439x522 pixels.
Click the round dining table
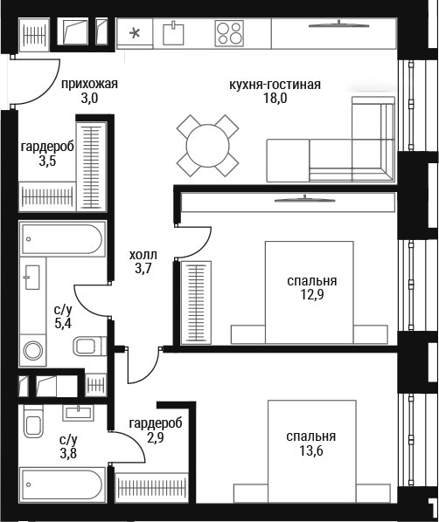[207, 146]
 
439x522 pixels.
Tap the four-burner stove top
[229, 33]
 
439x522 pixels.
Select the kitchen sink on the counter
[173, 34]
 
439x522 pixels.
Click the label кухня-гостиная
[275, 85]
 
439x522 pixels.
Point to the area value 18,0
[275, 99]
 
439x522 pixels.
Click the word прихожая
[89, 84]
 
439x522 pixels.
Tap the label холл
[143, 256]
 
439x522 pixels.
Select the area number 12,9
[312, 295]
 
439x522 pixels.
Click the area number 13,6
[311, 451]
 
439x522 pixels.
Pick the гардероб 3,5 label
[47, 154]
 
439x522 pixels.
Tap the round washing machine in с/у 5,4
[32, 351]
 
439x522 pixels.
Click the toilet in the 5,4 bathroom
[89, 347]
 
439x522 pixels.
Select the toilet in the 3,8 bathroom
[33, 422]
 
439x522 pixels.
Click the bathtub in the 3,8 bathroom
[63, 484]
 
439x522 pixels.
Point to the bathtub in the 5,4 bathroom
[63, 239]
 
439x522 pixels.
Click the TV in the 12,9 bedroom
[304, 199]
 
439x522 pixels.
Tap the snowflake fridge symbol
[135, 33]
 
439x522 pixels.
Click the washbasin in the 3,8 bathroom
[79, 413]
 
